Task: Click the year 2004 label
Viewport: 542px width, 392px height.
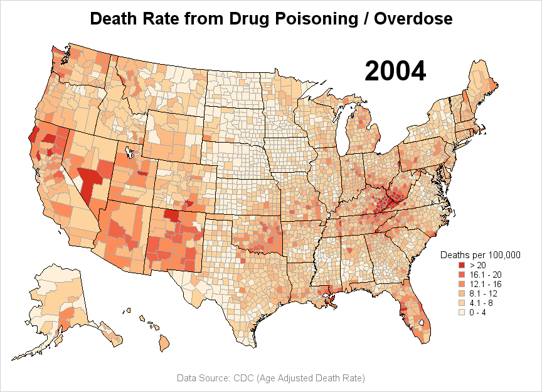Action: pyautogui.click(x=395, y=71)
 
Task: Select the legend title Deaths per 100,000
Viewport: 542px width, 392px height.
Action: pyautogui.click(x=481, y=255)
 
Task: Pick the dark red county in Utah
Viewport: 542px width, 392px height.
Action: pyautogui.click(x=143, y=173)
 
